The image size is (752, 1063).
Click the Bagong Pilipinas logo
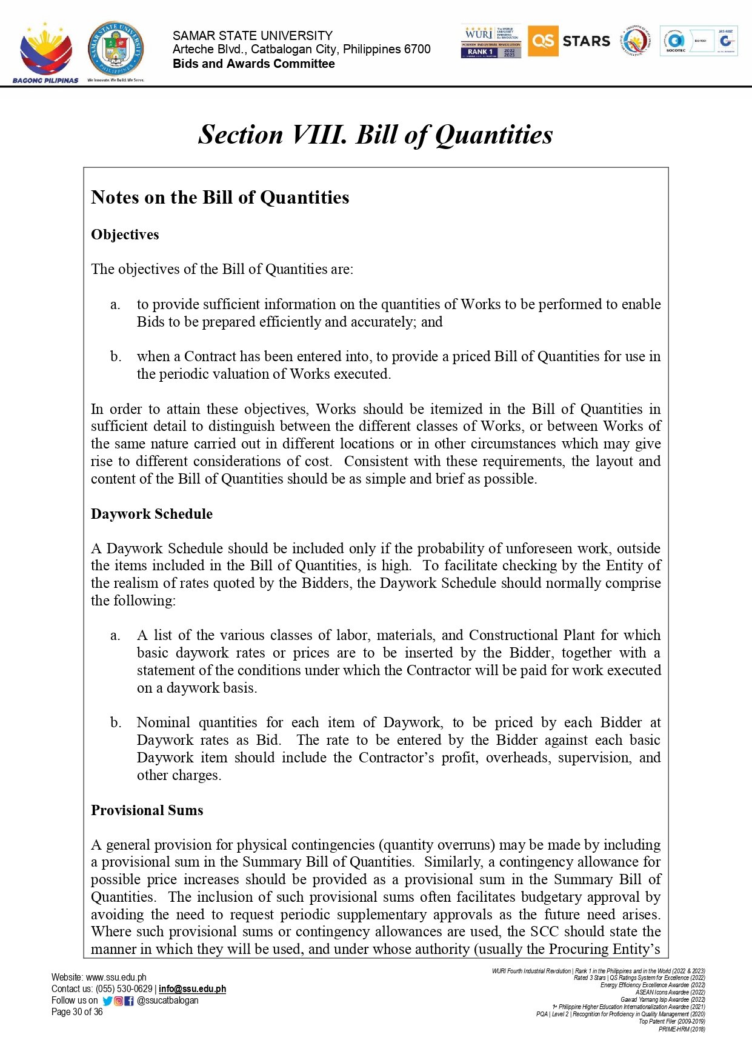[45, 53]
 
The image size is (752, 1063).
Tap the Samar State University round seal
[115, 48]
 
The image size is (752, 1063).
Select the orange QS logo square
[542, 41]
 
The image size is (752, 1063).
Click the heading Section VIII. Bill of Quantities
[375, 135]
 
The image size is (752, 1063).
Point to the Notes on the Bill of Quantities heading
[220, 198]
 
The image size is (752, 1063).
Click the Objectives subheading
[125, 235]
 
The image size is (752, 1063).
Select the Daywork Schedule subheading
[151, 514]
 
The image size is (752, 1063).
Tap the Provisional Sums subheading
[147, 810]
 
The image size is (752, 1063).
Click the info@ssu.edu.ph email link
[192, 989]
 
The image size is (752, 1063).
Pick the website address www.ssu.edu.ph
[116, 978]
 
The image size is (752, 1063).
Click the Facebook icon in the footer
[129, 1001]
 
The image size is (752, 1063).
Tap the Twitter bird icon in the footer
[107, 1001]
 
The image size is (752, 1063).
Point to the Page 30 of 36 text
[77, 1012]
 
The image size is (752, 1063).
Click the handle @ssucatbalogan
[168, 1001]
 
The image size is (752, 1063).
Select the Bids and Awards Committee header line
[253, 64]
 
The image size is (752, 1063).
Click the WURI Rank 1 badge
[491, 41]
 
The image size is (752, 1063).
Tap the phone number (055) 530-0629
[124, 989]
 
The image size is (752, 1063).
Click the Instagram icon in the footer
[119, 1001]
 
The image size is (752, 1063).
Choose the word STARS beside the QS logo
[586, 41]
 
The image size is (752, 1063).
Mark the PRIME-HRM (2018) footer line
[682, 1029]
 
